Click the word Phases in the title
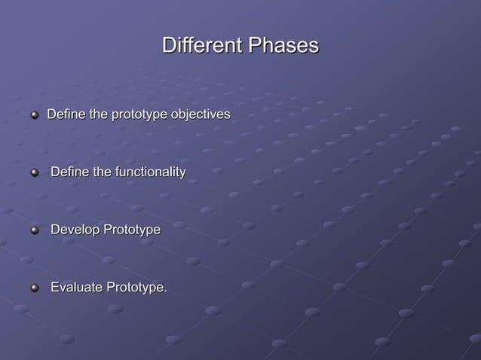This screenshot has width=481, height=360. (281, 46)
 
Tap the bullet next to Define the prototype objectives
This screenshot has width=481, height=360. (34, 116)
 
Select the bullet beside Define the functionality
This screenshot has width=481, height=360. (34, 174)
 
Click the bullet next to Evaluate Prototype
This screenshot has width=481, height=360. (34, 288)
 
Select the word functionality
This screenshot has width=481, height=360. (150, 172)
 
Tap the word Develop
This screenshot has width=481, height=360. (75, 230)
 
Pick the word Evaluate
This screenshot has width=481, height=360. (76, 287)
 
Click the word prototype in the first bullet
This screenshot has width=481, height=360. (139, 115)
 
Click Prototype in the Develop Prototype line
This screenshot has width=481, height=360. (131, 230)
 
